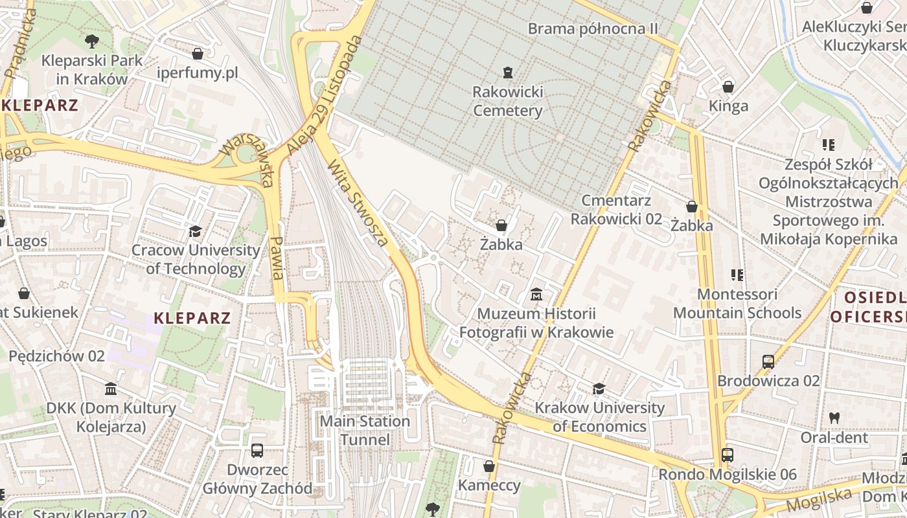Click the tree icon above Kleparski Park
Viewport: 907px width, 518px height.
[92, 41]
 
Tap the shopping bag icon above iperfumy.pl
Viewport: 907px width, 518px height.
[198, 53]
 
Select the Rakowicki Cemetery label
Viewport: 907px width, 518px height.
[507, 101]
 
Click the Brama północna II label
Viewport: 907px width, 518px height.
[593, 28]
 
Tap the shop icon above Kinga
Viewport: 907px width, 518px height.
[728, 87]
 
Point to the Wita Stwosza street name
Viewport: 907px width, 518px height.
[359, 203]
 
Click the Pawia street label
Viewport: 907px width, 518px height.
[277, 257]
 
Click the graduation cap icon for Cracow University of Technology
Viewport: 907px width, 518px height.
[195, 231]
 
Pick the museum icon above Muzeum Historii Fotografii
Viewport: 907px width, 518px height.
[536, 295]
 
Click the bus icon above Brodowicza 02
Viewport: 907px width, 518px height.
[768, 362]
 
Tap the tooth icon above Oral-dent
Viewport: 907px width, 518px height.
[834, 418]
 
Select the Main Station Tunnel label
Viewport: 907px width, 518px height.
[365, 431]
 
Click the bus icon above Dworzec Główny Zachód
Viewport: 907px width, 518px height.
[257, 450]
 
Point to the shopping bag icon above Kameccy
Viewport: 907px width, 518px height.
[489, 466]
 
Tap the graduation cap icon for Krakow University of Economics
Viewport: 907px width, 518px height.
[599, 389]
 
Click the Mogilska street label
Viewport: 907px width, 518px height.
[819, 499]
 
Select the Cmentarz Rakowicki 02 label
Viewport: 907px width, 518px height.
[616, 209]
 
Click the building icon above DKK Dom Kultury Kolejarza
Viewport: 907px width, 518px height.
[111, 389]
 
